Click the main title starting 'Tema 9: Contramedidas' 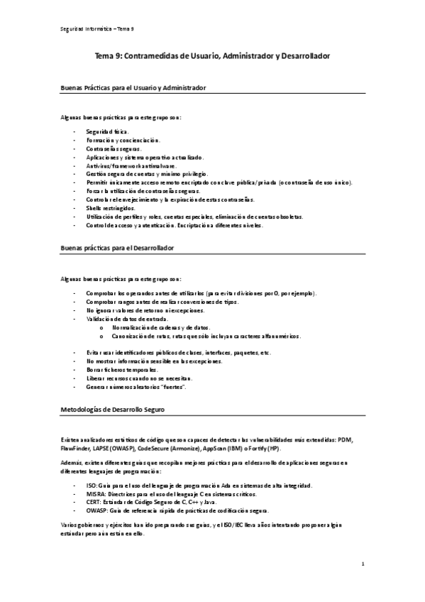tap(212, 55)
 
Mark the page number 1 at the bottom tap(363, 565)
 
